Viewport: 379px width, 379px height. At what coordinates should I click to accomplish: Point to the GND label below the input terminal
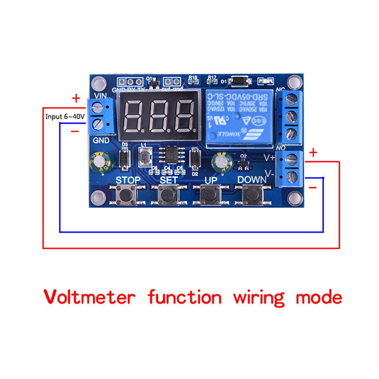(101, 140)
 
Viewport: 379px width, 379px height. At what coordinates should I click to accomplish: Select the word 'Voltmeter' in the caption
(90, 298)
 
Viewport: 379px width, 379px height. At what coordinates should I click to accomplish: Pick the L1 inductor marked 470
(144, 158)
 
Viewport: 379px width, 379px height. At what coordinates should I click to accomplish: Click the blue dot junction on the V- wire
(323, 178)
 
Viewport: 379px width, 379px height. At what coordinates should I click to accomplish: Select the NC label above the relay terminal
(280, 89)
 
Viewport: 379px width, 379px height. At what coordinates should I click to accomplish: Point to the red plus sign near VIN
(76, 99)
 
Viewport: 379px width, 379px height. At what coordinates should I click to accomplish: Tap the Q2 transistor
(244, 164)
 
